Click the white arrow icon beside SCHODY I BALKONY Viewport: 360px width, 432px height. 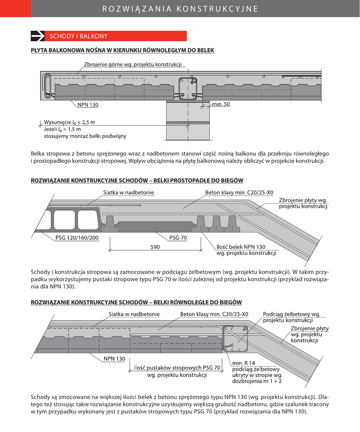38,36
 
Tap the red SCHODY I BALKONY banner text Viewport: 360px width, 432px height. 78,36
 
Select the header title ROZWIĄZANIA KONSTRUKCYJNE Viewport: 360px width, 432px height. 180,8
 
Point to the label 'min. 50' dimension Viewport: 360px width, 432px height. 221,104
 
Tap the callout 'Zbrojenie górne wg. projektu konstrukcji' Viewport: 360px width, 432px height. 133,65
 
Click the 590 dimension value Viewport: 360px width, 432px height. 155,247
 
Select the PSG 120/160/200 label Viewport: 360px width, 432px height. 77,238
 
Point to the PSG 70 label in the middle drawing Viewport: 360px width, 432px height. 178,238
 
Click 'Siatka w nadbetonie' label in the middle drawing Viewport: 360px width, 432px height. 128,193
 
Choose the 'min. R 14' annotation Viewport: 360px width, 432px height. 244,363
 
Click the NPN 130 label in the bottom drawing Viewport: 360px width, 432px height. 114,359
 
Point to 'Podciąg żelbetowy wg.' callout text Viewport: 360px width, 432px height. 291,314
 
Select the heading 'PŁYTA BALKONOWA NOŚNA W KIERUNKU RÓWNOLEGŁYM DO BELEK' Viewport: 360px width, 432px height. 122,50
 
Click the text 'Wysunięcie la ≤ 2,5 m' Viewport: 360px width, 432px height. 70,122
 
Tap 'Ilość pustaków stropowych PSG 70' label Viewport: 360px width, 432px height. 177,368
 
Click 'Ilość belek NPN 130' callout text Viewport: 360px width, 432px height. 241,247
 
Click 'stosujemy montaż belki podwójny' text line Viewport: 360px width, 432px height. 85,136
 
